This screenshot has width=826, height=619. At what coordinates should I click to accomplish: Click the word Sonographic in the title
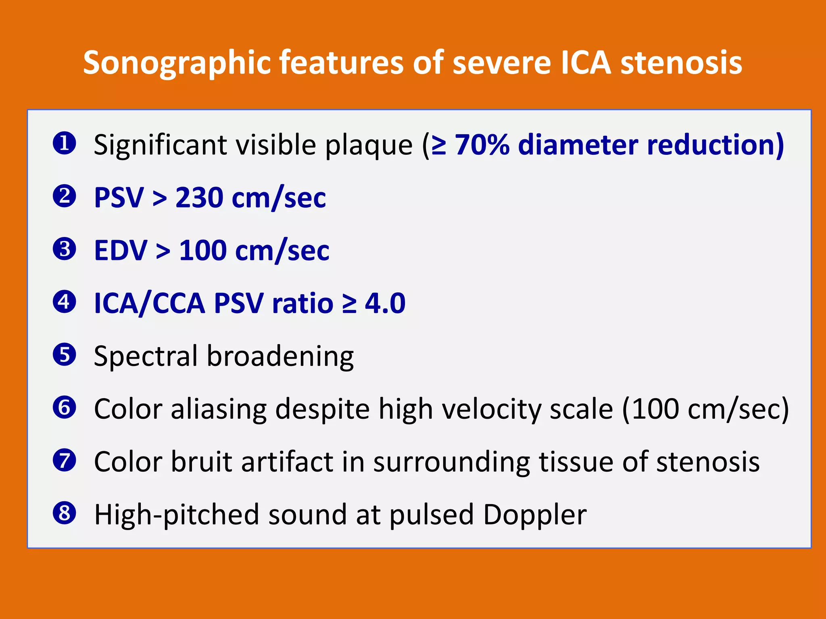pyautogui.click(x=176, y=63)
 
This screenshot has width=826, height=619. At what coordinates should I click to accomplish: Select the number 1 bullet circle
pyautogui.click(x=65, y=143)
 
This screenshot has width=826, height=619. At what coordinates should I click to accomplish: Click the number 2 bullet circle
pyautogui.click(x=65, y=196)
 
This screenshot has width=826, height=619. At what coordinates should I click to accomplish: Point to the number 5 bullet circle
pyautogui.click(x=65, y=355)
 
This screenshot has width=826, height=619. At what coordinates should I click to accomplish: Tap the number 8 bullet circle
pyautogui.click(x=65, y=513)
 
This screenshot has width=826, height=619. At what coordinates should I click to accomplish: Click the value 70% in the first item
pyautogui.click(x=482, y=145)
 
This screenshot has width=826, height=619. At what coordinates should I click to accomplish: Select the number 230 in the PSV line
pyautogui.click(x=199, y=197)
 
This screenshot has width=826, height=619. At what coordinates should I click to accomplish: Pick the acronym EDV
pyautogui.click(x=121, y=251)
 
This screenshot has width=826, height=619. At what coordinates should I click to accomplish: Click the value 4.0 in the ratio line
pyautogui.click(x=385, y=303)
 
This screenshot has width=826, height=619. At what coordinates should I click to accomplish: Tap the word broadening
pyautogui.click(x=280, y=356)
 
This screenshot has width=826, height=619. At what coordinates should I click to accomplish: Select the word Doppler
pyautogui.click(x=535, y=515)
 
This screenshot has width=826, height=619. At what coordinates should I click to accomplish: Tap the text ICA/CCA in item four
pyautogui.click(x=149, y=303)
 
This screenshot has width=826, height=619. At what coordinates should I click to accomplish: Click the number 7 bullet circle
pyautogui.click(x=65, y=461)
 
